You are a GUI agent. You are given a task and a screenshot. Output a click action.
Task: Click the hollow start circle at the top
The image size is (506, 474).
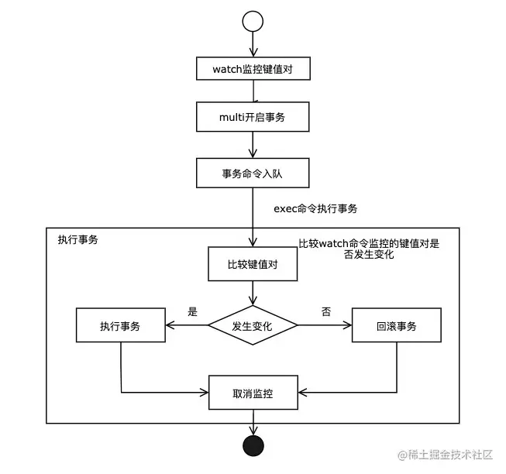253,22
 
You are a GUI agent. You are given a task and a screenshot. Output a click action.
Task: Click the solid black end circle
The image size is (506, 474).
253,445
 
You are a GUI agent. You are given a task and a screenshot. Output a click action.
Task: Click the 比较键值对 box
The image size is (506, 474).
252,264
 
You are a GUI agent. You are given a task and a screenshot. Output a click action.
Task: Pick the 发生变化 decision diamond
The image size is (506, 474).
252,326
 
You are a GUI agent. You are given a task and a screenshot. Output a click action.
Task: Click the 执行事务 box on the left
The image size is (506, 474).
120,326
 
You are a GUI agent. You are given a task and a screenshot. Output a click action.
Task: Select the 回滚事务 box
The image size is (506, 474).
396,326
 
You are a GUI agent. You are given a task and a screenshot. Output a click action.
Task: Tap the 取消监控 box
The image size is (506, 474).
252,393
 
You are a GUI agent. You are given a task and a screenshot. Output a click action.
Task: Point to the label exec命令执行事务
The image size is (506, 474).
315,209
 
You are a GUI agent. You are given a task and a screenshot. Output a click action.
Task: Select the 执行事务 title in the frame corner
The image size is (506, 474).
77,239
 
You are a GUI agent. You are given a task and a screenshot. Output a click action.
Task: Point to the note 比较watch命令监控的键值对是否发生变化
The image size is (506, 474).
368,249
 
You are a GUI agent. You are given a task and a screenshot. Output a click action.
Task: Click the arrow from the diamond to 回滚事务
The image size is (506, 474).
325,326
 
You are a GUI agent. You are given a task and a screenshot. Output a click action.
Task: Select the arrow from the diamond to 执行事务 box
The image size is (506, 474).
186,326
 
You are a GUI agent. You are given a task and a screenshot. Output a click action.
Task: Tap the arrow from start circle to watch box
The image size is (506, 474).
253,44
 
